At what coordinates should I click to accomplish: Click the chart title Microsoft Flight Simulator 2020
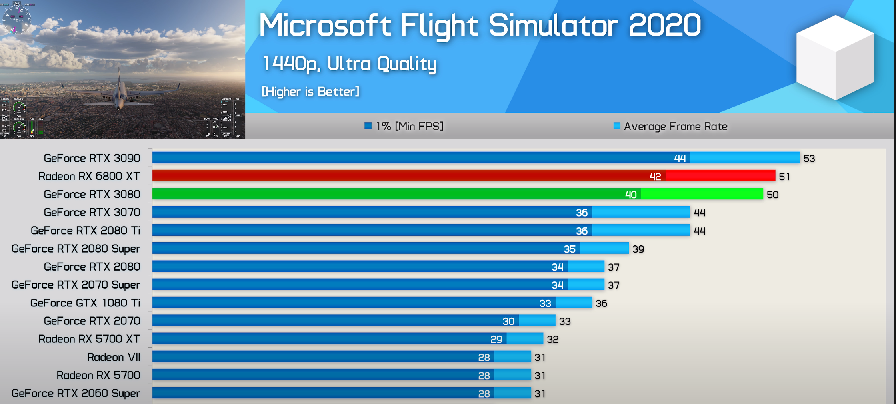480,25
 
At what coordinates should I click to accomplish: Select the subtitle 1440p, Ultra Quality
349,64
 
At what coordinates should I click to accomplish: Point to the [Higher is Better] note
310,92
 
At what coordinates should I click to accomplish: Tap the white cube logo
835,57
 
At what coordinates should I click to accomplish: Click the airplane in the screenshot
119,92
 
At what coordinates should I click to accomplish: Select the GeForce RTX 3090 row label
92,158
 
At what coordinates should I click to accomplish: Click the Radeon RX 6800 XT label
89,176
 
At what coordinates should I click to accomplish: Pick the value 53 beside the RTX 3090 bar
809,159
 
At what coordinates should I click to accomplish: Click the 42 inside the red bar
655,177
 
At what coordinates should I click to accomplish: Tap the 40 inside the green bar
631,195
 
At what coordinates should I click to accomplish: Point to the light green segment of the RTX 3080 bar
702,194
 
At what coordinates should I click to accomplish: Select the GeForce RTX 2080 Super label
76,249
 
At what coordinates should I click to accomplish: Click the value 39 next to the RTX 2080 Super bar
638,249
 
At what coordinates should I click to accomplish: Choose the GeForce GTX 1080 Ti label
85,303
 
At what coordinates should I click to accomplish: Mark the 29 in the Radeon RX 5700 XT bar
496,339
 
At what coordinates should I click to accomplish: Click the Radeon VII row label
114,357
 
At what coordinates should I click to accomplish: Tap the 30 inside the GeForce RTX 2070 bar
508,321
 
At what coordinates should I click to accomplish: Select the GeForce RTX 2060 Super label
76,393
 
